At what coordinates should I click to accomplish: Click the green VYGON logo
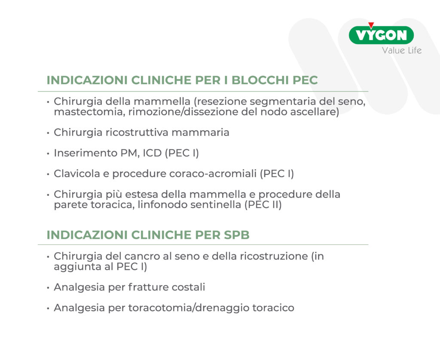point(381,35)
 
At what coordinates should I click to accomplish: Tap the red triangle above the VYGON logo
point(371,25)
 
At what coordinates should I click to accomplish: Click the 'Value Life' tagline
point(402,51)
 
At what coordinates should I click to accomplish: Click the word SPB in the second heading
point(237,235)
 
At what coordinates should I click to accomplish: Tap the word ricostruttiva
point(137,132)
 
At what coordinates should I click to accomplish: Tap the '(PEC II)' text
point(263,204)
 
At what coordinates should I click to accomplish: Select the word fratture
point(148,287)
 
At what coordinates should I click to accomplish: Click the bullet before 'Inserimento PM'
point(48,154)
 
